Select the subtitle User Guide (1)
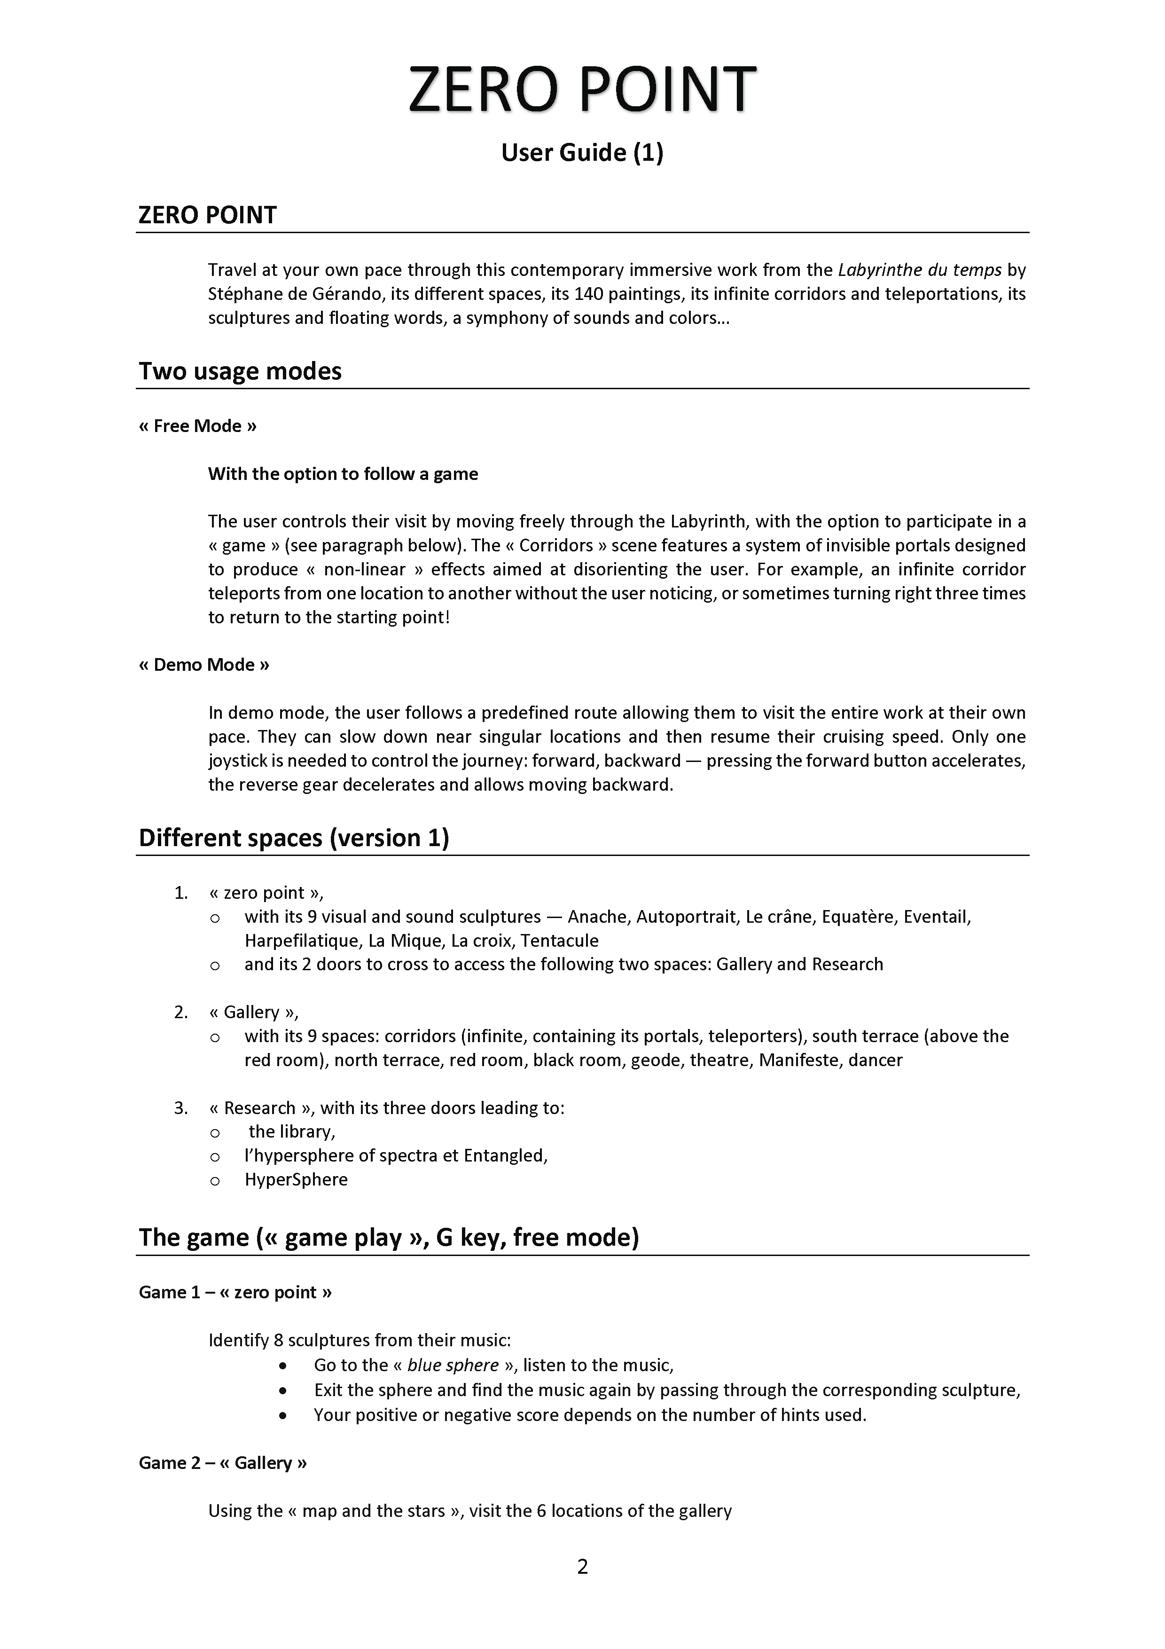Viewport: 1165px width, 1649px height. [x=582, y=152]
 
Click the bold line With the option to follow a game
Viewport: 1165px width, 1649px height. [x=343, y=474]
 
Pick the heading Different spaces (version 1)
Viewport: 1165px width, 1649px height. [x=294, y=838]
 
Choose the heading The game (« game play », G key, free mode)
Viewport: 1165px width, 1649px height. [x=388, y=1238]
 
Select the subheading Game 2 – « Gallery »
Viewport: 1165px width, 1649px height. [x=222, y=1463]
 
